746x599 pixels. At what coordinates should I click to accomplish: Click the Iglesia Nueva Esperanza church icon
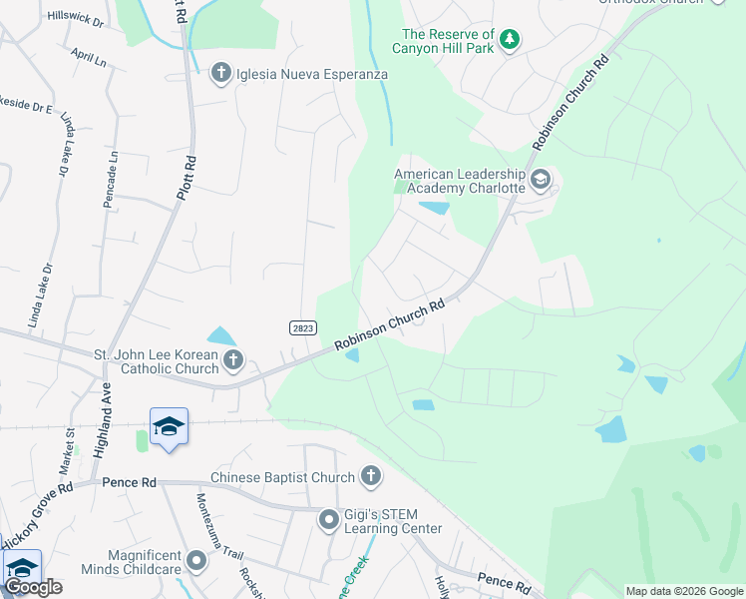coord(221,72)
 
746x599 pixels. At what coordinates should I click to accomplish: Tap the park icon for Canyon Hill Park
coord(510,40)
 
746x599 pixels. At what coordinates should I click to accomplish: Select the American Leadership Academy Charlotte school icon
coord(541,180)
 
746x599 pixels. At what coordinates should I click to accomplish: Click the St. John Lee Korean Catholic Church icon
coord(232,359)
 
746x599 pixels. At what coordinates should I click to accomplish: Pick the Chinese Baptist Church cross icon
coord(370,476)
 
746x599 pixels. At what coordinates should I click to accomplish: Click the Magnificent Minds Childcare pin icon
coord(195,561)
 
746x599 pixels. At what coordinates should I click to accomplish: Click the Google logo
coord(33,587)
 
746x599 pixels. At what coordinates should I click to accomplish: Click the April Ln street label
coord(89,56)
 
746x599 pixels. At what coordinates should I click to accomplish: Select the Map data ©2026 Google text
coord(684,591)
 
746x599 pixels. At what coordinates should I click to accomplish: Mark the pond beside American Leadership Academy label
coord(434,208)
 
